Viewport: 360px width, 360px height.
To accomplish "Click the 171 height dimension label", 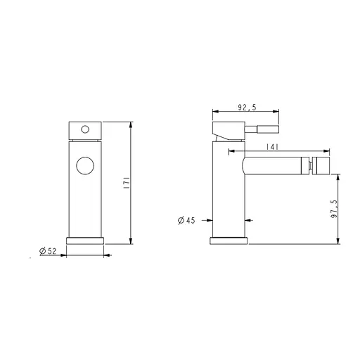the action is [x=127, y=184].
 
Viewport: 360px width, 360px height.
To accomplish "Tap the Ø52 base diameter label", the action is [x=48, y=251].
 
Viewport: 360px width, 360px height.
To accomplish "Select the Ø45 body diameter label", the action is [x=186, y=220].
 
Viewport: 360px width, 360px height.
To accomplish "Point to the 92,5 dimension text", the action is [x=247, y=108].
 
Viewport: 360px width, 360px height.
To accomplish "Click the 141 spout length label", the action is [x=272, y=147].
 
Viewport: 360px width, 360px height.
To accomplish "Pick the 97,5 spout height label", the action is [x=335, y=209].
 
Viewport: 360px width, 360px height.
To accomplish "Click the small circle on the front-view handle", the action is [x=85, y=129].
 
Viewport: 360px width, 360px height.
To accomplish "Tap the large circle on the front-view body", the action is [x=85, y=165].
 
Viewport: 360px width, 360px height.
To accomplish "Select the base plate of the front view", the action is [x=85, y=240].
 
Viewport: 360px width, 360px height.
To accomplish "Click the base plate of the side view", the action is [x=229, y=240].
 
